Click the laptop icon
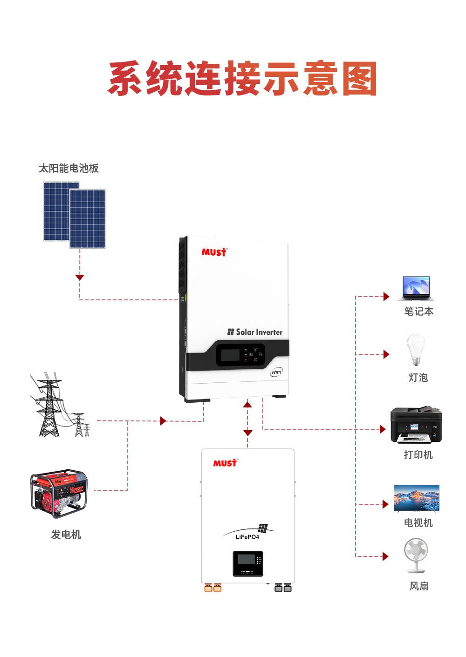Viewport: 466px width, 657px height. point(416,289)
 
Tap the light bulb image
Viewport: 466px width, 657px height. point(416,350)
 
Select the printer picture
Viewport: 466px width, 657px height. point(416,425)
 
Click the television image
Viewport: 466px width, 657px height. point(416,498)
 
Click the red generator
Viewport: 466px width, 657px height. point(59,493)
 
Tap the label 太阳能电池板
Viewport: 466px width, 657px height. point(69,168)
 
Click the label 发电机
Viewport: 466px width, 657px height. point(66,535)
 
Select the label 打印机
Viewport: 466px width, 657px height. point(418,454)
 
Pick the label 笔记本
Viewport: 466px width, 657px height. point(418,311)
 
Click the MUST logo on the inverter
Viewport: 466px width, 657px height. point(214,252)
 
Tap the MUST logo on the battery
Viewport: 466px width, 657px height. point(225,463)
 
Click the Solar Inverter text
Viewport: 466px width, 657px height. point(255,332)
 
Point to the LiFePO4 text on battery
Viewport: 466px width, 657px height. point(247,537)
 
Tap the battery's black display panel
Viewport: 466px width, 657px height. point(247,563)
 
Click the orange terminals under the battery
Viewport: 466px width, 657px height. point(212,588)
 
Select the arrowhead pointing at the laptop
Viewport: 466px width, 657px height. point(386,297)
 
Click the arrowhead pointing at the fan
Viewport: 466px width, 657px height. point(385,556)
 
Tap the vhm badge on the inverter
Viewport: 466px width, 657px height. point(276,372)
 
